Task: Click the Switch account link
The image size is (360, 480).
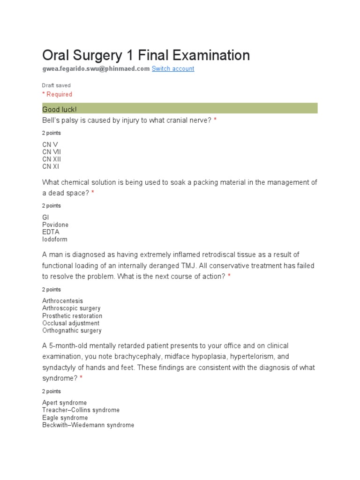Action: tap(172, 69)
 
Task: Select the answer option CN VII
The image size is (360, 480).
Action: tap(52, 152)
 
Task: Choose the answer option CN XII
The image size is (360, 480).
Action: tap(52, 159)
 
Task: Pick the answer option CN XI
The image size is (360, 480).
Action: tap(51, 166)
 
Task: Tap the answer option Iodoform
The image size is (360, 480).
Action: tap(55, 240)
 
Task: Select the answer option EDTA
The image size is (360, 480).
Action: tap(50, 232)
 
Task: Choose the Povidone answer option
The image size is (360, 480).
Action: tap(55, 225)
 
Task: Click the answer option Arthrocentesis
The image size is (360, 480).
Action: tap(62, 301)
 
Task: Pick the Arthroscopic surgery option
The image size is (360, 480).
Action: tap(71, 308)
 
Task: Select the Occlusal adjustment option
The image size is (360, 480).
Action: tap(71, 323)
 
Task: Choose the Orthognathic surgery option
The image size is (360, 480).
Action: tap(72, 331)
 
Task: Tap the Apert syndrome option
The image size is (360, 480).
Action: tap(64, 403)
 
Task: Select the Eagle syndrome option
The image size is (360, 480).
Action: tap(65, 418)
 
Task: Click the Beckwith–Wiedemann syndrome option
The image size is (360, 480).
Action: tap(88, 425)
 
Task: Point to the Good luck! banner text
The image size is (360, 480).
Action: tap(60, 109)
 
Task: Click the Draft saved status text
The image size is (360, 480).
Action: tap(56, 86)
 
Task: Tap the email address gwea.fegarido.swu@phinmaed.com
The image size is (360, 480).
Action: tap(96, 69)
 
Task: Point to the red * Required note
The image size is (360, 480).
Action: tap(57, 94)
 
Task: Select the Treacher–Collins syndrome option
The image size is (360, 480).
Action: tap(81, 410)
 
